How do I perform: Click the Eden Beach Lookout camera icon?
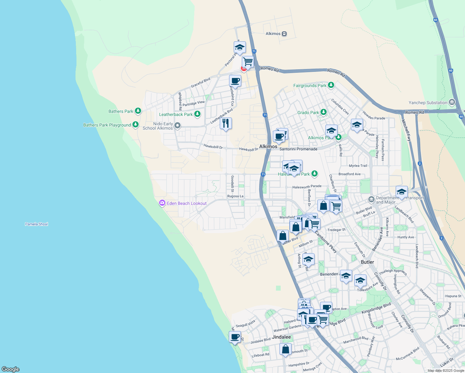pyautogui.click(x=162, y=203)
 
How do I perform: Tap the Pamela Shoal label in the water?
pyautogui.click(x=36, y=224)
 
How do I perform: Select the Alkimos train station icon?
pyautogui.click(x=284, y=34)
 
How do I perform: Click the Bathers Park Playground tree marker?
pyautogui.click(x=135, y=125)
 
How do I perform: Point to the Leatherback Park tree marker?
pyautogui.click(x=197, y=114)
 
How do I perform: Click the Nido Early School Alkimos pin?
pyautogui.click(x=177, y=126)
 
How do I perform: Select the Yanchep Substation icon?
pyautogui.click(x=452, y=102)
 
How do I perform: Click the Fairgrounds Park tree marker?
pyautogui.click(x=331, y=85)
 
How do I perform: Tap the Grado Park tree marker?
pyautogui.click(x=324, y=112)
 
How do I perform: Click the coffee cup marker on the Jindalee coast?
pyautogui.click(x=235, y=337)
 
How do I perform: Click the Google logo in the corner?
pyautogui.click(x=11, y=369)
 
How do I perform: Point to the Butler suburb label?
pyautogui.click(x=367, y=262)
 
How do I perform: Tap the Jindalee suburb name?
pyautogui.click(x=281, y=337)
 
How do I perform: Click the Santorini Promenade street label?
pyautogui.click(x=298, y=149)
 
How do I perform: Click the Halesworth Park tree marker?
pyautogui.click(x=315, y=173)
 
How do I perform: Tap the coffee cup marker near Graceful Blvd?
pyautogui.click(x=235, y=81)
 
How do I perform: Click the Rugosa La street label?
pyautogui.click(x=235, y=196)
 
